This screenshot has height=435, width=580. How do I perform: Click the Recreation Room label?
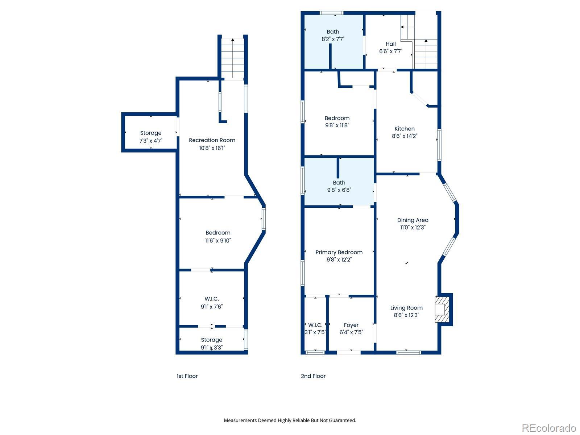click(x=212, y=140)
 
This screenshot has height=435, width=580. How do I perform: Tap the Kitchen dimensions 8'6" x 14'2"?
click(x=404, y=136)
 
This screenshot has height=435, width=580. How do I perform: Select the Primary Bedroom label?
click(x=339, y=252)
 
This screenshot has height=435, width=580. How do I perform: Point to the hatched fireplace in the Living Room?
click(x=442, y=309)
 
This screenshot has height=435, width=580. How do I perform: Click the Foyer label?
click(x=351, y=325)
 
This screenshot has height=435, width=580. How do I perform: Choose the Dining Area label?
click(x=413, y=220)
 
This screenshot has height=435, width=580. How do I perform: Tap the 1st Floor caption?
click(x=187, y=376)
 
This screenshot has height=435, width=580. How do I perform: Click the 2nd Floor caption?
click(x=313, y=376)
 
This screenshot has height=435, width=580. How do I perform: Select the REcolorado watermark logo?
click(x=549, y=428)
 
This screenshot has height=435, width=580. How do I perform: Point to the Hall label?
click(x=390, y=44)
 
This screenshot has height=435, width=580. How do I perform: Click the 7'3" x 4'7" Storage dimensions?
click(x=150, y=141)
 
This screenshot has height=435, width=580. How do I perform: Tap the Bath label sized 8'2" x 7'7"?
click(x=333, y=32)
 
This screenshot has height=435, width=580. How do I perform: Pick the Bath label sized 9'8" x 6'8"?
click(x=339, y=182)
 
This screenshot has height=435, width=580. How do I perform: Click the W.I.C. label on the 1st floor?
click(x=211, y=299)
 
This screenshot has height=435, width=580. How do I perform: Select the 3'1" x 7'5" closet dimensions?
click(x=315, y=332)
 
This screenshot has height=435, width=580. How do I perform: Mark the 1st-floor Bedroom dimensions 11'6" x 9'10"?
click(x=218, y=240)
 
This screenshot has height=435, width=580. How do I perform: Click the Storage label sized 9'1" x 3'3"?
click(x=211, y=340)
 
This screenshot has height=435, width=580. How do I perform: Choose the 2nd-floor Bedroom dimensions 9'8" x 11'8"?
click(x=337, y=125)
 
